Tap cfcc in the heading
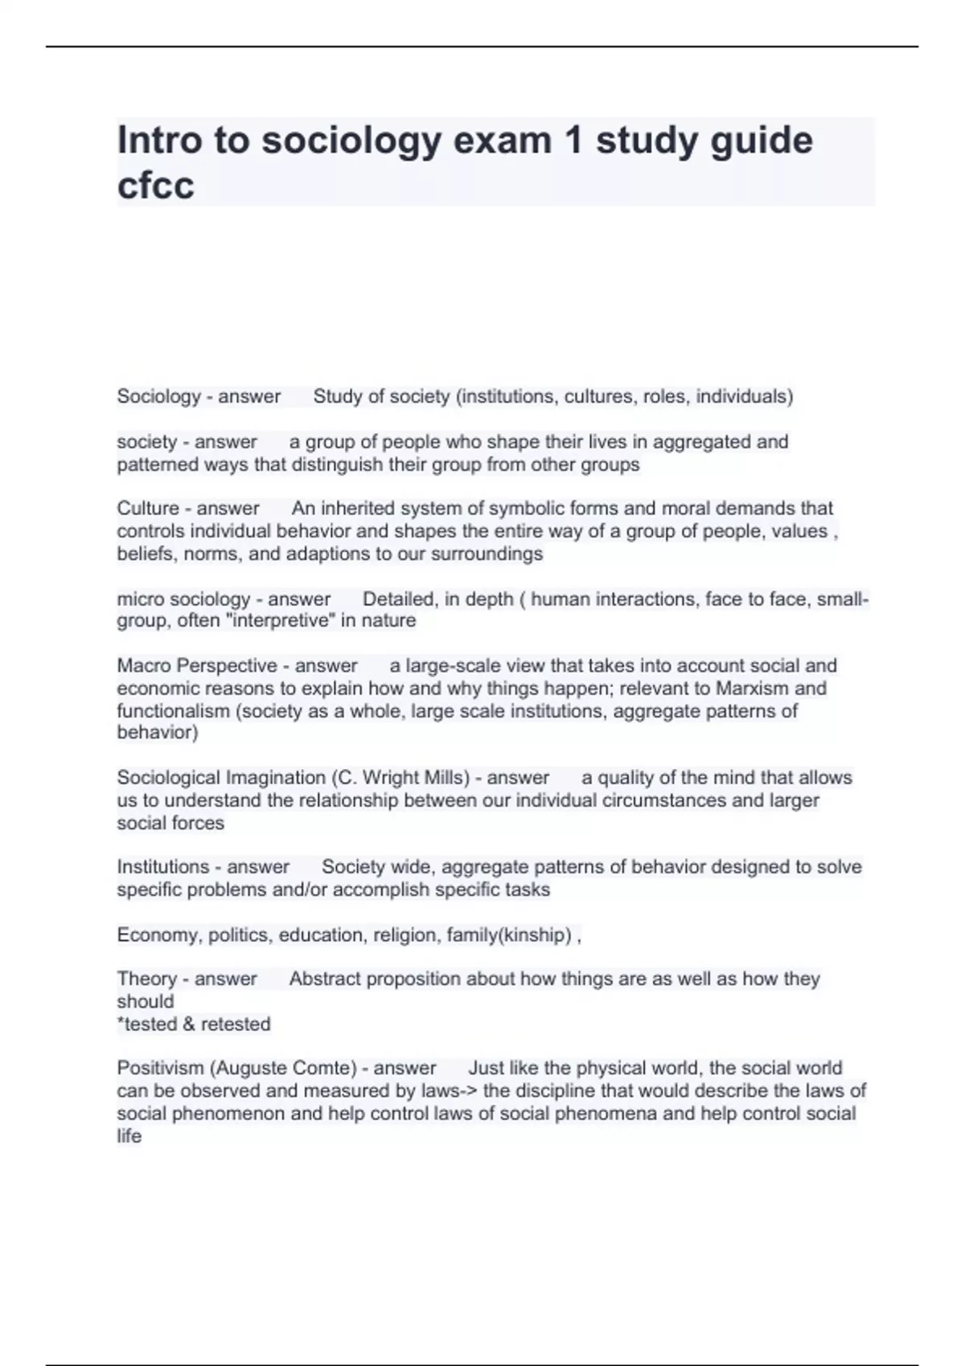156,186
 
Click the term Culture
148,509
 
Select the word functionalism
173,711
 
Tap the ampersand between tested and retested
188,1024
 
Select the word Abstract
323,979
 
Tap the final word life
129,1136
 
